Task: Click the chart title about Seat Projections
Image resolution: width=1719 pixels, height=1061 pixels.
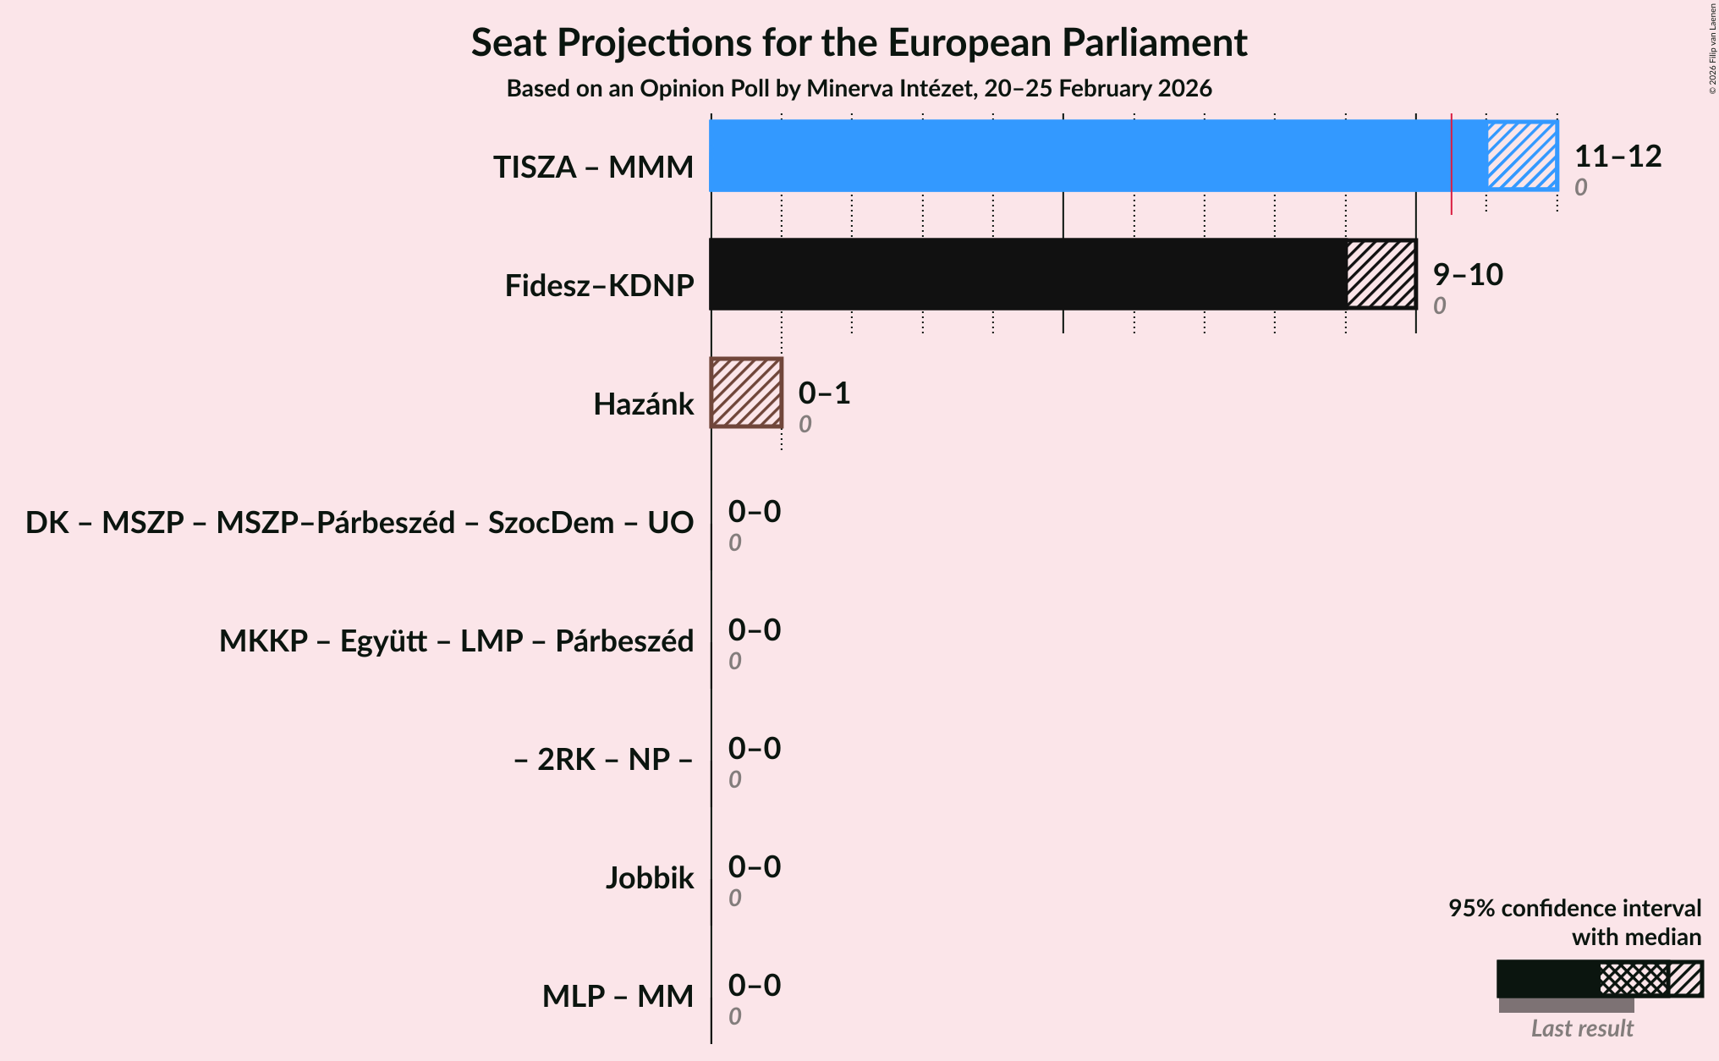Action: coord(859,43)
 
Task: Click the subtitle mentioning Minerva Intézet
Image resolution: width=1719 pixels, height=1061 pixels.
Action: coord(859,89)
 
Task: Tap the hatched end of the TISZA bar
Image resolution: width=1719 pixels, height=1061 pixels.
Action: coord(1522,156)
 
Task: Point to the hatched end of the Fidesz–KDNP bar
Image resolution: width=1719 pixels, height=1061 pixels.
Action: coord(1381,274)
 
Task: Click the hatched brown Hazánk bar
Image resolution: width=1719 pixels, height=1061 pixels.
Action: coord(746,393)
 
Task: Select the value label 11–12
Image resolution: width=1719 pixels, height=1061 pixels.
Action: coord(1617,157)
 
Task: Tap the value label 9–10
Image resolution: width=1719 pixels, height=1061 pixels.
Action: coord(1468,275)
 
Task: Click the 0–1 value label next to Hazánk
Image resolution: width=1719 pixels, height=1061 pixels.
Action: coord(824,393)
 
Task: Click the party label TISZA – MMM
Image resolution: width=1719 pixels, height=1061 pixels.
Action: coord(593,168)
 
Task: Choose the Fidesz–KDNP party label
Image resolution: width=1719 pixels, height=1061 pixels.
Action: coord(599,286)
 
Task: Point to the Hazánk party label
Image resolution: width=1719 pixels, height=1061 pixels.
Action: coord(643,404)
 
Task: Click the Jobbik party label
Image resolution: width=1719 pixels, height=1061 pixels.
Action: coord(649,878)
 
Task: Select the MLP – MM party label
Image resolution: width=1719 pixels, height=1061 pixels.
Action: coord(618,997)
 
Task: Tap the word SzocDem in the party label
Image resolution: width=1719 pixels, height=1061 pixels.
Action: coord(551,523)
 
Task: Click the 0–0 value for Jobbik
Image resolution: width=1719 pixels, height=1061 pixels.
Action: coord(755,867)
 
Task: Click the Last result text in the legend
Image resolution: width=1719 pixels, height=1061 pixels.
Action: coord(1582,1029)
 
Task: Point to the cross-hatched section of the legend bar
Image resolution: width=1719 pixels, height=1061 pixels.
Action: coord(1634,979)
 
